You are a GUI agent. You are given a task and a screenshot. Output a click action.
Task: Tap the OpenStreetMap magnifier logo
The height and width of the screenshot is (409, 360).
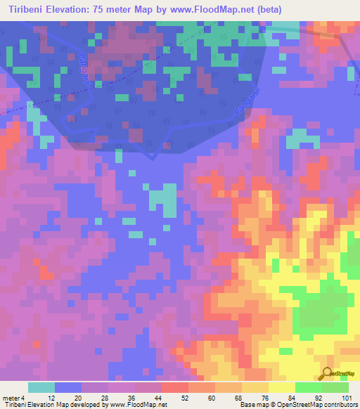pos(327,374)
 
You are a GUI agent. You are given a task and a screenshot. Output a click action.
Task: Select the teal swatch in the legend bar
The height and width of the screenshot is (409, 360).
pos(41,387)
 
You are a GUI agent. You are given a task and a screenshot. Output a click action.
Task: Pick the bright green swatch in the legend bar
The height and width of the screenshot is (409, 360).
pos(308,387)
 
